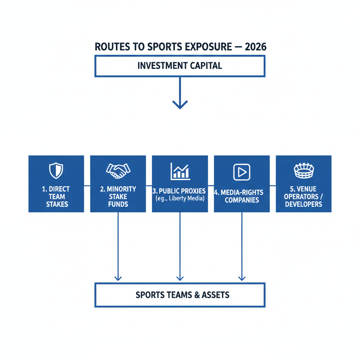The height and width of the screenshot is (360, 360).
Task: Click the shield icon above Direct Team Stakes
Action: [x=56, y=171]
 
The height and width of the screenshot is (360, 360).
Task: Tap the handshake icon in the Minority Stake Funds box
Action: [x=118, y=171]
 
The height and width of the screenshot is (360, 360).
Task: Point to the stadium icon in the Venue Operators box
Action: [x=303, y=171]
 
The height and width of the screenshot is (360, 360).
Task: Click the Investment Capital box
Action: [x=180, y=66]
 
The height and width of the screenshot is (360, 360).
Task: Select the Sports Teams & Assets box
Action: [x=180, y=295]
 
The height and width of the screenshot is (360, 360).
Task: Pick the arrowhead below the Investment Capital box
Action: [x=180, y=105]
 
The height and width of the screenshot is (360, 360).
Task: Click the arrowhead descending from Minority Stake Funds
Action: [x=118, y=278]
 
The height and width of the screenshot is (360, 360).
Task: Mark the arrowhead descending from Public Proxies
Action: [x=180, y=278]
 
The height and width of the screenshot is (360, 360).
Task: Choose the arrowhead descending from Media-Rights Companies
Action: [x=242, y=278]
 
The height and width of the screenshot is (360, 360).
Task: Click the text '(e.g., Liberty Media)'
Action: [x=180, y=199]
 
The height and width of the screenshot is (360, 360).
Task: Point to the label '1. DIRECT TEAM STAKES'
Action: [x=56, y=197]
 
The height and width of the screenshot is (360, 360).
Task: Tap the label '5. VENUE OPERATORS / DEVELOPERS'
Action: [x=303, y=197]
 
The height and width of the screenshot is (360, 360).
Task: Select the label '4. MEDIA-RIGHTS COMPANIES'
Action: [x=242, y=197]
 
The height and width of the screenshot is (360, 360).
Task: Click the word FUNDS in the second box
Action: [x=118, y=204]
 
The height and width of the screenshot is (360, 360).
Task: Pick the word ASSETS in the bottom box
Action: [x=216, y=295]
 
